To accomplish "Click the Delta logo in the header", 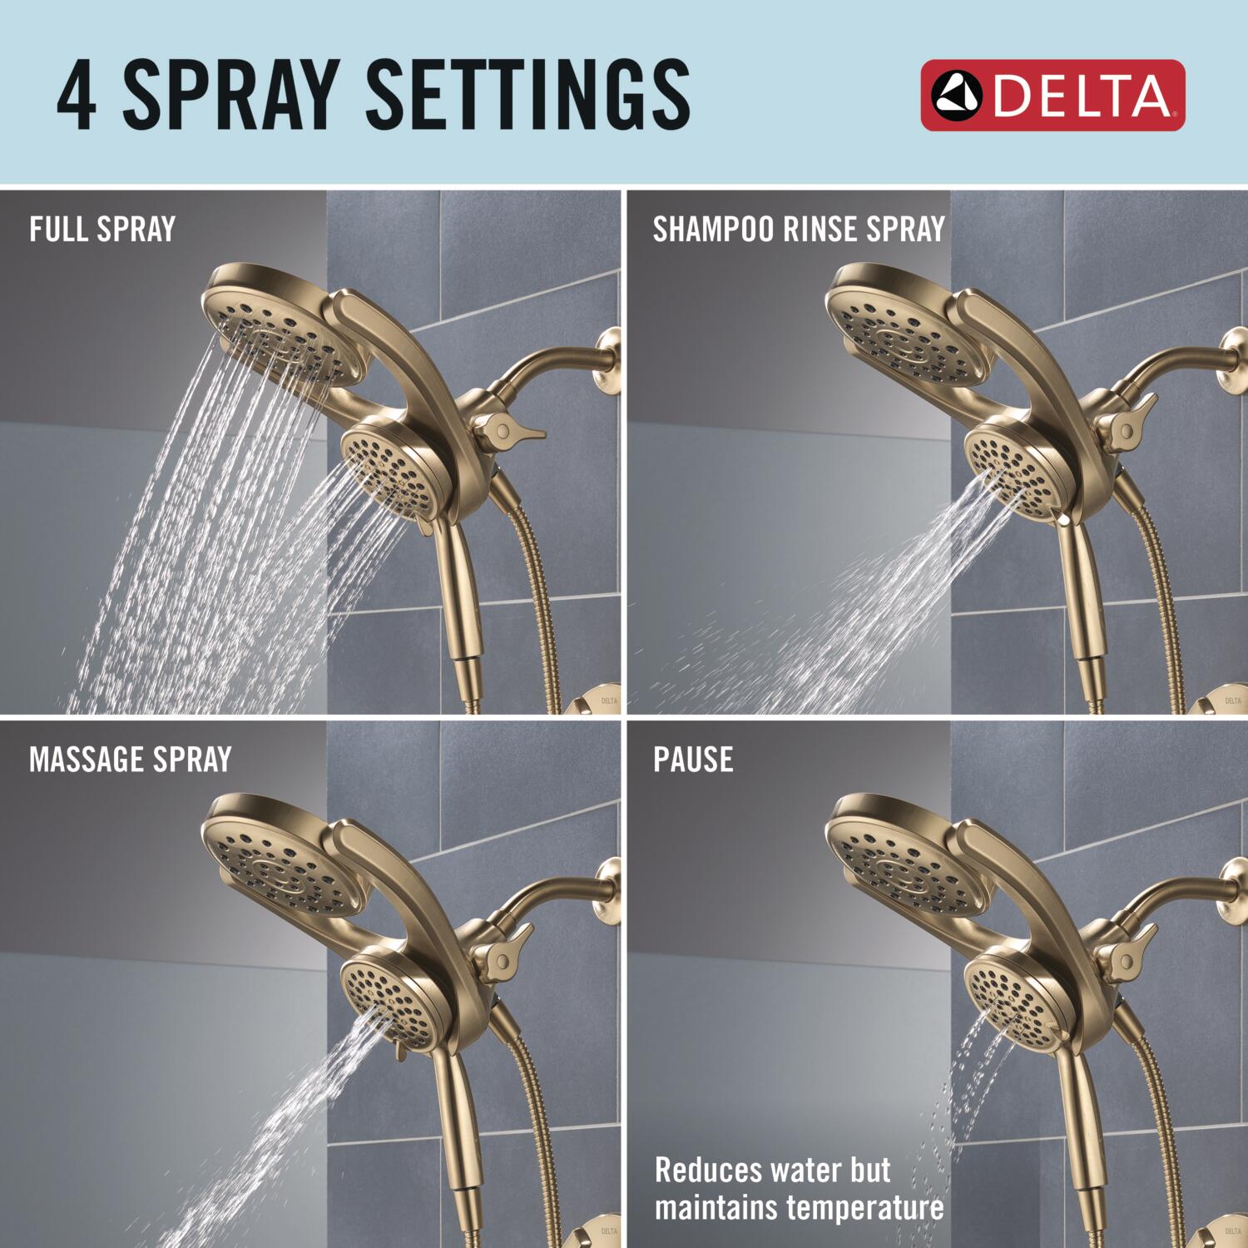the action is [1052, 95].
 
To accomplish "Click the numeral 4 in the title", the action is [77, 95].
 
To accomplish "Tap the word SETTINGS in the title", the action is [527, 95].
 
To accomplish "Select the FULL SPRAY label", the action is [102, 229].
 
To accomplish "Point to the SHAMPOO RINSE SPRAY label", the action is [799, 229].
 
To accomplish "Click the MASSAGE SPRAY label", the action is [130, 760].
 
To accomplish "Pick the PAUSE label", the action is [693, 760].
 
